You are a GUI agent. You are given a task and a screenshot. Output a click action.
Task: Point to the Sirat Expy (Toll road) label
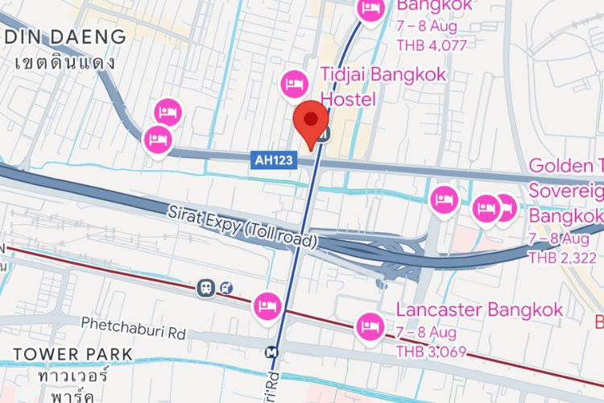click(x=244, y=226)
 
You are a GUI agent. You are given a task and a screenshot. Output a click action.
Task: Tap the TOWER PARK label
click(x=72, y=354)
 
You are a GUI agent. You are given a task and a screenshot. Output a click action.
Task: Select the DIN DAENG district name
click(x=64, y=36)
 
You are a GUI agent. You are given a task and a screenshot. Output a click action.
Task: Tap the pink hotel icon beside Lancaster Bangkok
click(x=370, y=325)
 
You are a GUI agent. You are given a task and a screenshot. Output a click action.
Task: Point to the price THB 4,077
click(x=431, y=45)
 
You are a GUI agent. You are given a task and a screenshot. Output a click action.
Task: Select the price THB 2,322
click(x=563, y=258)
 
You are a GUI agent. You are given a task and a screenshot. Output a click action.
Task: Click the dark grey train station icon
click(x=208, y=287)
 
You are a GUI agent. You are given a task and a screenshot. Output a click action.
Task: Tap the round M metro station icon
click(x=274, y=351)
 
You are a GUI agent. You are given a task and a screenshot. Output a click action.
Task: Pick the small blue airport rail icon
click(x=228, y=287)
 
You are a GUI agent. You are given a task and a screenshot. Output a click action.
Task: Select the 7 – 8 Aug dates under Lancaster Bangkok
click(x=426, y=332)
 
